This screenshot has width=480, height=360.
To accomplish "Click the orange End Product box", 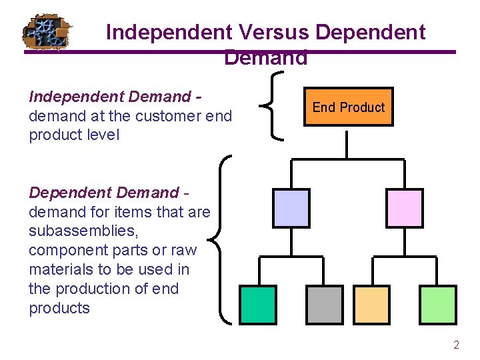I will coord(348,107).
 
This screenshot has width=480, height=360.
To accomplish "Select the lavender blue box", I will coord(291,207).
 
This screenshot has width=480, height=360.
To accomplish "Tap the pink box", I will coord(405,207).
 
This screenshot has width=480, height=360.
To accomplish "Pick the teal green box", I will coord(257,305).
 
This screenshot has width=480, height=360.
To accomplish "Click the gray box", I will coord(324,305).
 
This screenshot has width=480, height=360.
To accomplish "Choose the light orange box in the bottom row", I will coord(371,305).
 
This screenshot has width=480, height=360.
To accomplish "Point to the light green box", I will coord(438,305).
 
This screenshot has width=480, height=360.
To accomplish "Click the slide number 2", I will coord(456,345).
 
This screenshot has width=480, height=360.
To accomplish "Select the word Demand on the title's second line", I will coord(266,58).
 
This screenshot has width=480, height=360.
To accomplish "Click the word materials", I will coord(59,269).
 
